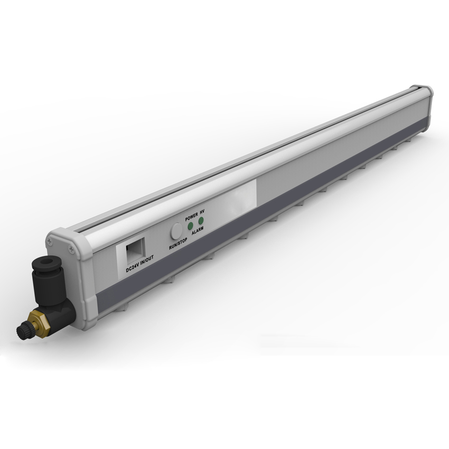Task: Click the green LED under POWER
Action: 190,227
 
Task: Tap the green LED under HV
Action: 201,220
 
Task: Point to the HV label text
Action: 203,211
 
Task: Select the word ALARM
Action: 198,231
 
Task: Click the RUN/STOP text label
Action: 178,244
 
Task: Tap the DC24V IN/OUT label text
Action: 140,264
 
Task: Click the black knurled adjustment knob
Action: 22,331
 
